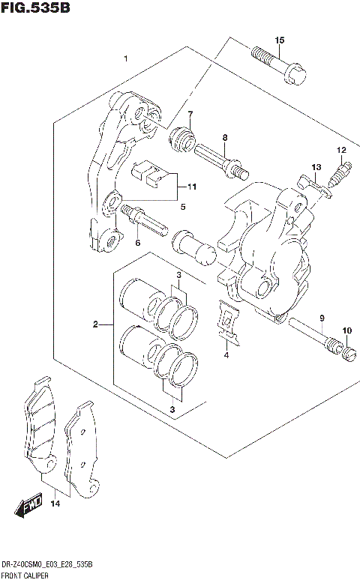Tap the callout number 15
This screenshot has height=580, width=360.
pyautogui.click(x=279, y=40)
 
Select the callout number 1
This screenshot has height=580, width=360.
pyautogui.click(x=126, y=58)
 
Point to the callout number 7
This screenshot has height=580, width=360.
pyautogui.click(x=190, y=114)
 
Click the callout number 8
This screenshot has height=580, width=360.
pyautogui.click(x=223, y=137)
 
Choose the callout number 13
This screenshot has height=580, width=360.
pyautogui.click(x=316, y=166)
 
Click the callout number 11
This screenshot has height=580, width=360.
pyautogui.click(x=191, y=186)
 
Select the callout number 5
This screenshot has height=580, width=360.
pyautogui.click(x=182, y=206)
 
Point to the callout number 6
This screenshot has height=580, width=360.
pyautogui.click(x=137, y=242)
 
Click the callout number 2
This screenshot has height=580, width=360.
pyautogui.click(x=95, y=324)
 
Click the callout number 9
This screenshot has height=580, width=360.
pyautogui.click(x=321, y=318)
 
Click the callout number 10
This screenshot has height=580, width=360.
pyautogui.click(x=346, y=330)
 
